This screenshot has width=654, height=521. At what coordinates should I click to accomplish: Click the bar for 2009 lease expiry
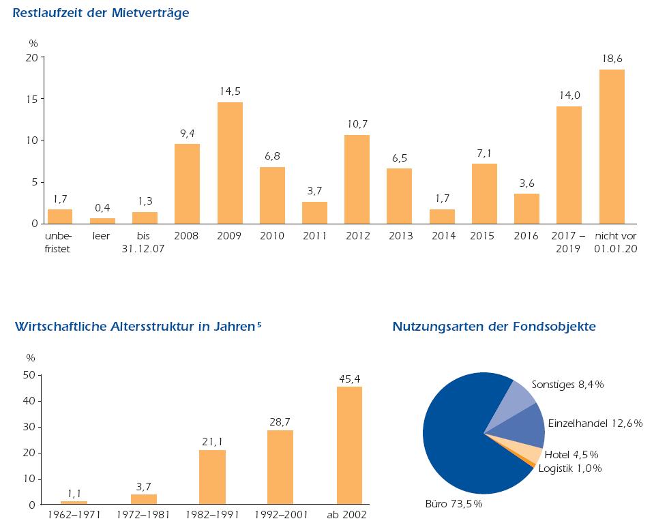pyautogui.click(x=230, y=163)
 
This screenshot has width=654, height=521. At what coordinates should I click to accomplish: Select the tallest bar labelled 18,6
pyautogui.click(x=612, y=147)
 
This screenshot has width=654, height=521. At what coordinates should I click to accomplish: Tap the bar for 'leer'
pyautogui.click(x=102, y=221)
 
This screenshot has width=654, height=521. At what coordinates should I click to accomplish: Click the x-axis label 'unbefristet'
pyautogui.click(x=59, y=242)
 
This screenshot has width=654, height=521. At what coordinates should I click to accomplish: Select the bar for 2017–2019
pyautogui.click(x=569, y=165)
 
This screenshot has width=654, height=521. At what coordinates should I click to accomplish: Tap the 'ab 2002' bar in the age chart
pyautogui.click(x=349, y=445)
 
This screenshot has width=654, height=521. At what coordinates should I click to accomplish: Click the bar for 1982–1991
pyautogui.click(x=212, y=477)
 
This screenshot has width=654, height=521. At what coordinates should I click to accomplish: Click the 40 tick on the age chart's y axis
pyautogui.click(x=31, y=401)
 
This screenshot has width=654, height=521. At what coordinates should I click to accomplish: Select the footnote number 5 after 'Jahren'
pyautogui.click(x=259, y=323)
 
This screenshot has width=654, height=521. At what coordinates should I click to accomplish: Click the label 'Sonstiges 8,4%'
pyautogui.click(x=567, y=385)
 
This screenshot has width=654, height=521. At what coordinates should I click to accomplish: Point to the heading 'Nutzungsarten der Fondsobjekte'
pyautogui.click(x=494, y=327)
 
